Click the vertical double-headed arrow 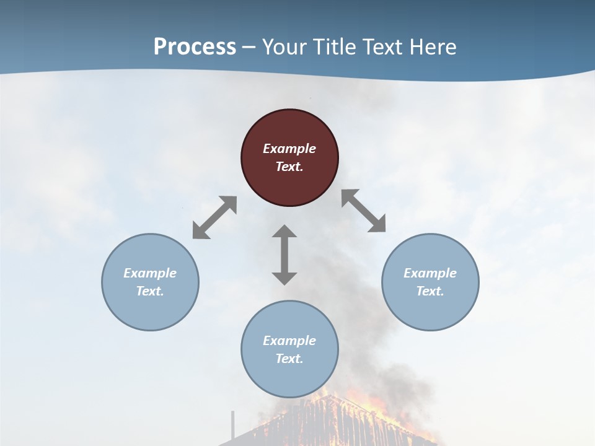pyautogui.click(x=284, y=255)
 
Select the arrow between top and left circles pyautogui.click(x=214, y=217)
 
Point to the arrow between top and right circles pyautogui.click(x=364, y=211)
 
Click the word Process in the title pyautogui.click(x=195, y=47)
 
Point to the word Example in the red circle pyautogui.click(x=289, y=149)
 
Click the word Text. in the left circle pyautogui.click(x=150, y=291)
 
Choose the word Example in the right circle pyautogui.click(x=430, y=273)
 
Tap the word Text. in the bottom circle pyautogui.click(x=289, y=359)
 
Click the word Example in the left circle pyautogui.click(x=150, y=273)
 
